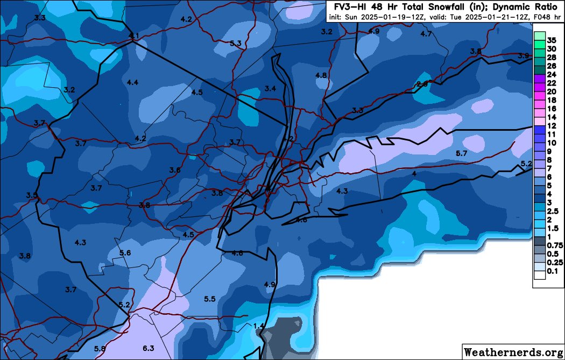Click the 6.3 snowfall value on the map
pos(149,348)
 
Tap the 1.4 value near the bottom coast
pos(258,326)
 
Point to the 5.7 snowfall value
pos(461,154)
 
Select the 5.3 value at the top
pos(235,43)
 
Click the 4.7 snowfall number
pos(426,34)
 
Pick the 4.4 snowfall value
pos(133,82)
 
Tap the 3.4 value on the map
pos(271,88)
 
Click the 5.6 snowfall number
pos(125,253)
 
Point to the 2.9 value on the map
pos(422,83)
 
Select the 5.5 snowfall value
pos(210,299)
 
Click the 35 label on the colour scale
pos(552,40)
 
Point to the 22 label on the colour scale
pos(552,83)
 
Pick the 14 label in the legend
pos(552,117)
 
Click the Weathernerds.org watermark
pos(513,352)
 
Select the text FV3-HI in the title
pos(347,7)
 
